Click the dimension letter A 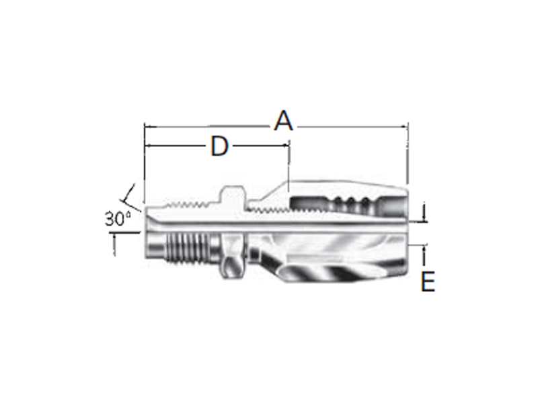pyautogui.click(x=284, y=121)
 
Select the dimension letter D pyautogui.click(x=219, y=146)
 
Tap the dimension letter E pyautogui.click(x=428, y=281)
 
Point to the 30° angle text pyautogui.click(x=118, y=219)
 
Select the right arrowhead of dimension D pyautogui.click(x=284, y=146)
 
